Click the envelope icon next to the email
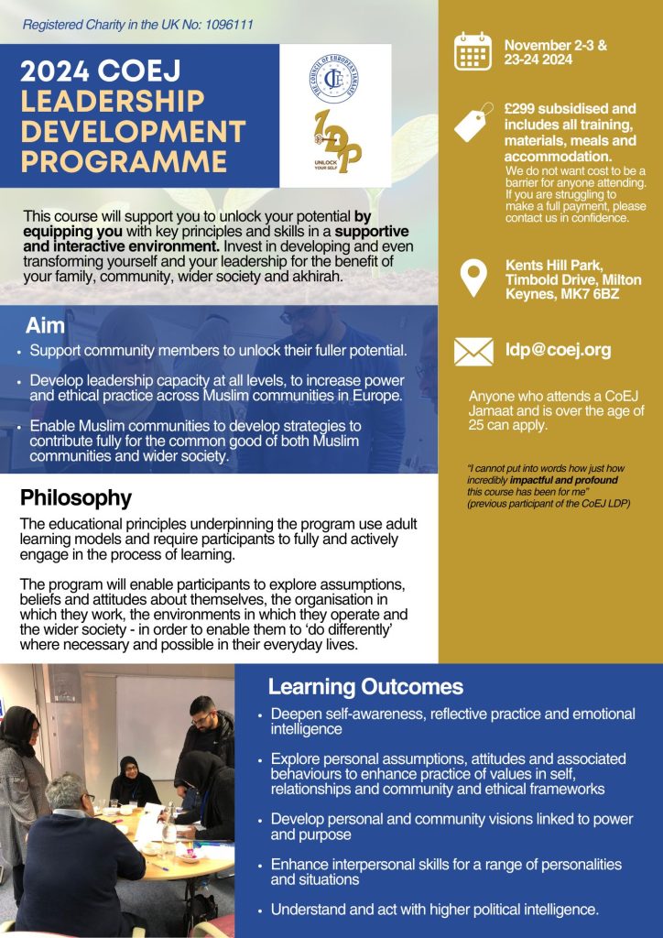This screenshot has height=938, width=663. tap(473, 351)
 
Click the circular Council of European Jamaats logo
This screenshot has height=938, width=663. tap(332, 78)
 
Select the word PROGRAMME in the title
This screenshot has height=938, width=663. tap(124, 161)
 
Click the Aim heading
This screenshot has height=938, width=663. tap(45, 325)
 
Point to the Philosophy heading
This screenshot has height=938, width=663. tap(76, 498)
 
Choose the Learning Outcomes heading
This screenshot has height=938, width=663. tap(365, 687)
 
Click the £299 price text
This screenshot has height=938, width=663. tap(523, 108)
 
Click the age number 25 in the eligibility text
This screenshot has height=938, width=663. tap(479, 426)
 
